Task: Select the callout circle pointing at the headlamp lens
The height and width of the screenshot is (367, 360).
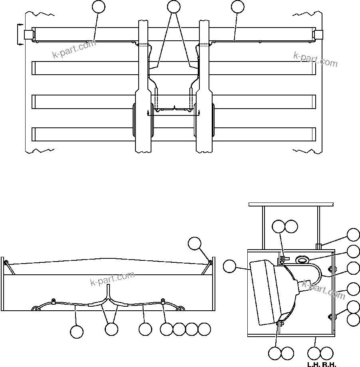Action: pyautogui.click(x=230, y=266)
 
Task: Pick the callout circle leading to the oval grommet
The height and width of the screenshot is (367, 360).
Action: pyautogui.click(x=353, y=251)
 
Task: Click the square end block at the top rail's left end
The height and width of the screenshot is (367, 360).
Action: pyautogui.click(x=28, y=35)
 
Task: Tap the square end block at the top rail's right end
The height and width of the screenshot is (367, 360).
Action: pyautogui.click(x=318, y=35)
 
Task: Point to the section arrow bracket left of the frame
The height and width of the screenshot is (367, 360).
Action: pyautogui.click(x=19, y=35)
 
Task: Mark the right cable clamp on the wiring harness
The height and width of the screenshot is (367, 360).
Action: pyautogui.click(x=163, y=301)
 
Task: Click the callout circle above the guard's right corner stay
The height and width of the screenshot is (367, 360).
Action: pyautogui.click(x=195, y=243)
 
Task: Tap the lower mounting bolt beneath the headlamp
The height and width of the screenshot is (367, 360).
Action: pyautogui.click(x=279, y=323)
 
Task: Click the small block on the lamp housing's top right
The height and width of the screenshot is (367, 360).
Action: pyautogui.click(x=318, y=246)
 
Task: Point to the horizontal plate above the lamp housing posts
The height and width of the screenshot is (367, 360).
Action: pyautogui.click(x=290, y=204)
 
